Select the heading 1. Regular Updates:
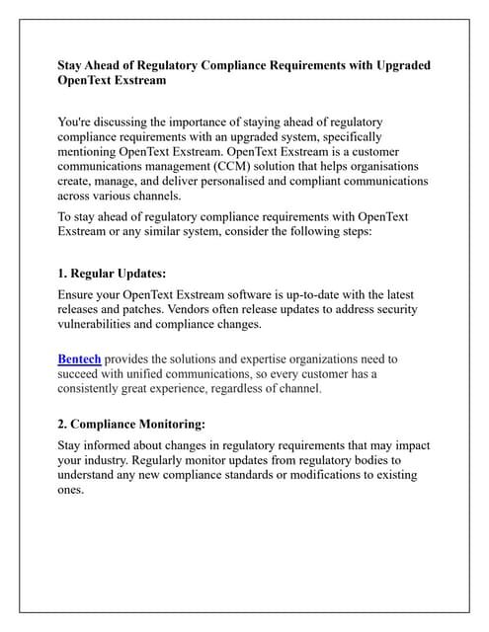pyautogui.click(x=112, y=273)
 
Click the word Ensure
pyautogui.click(x=80, y=294)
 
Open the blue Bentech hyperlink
pyautogui.click(x=79, y=359)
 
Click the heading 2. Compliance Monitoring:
pyautogui.click(x=131, y=425)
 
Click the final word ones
pyautogui.click(x=71, y=490)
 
